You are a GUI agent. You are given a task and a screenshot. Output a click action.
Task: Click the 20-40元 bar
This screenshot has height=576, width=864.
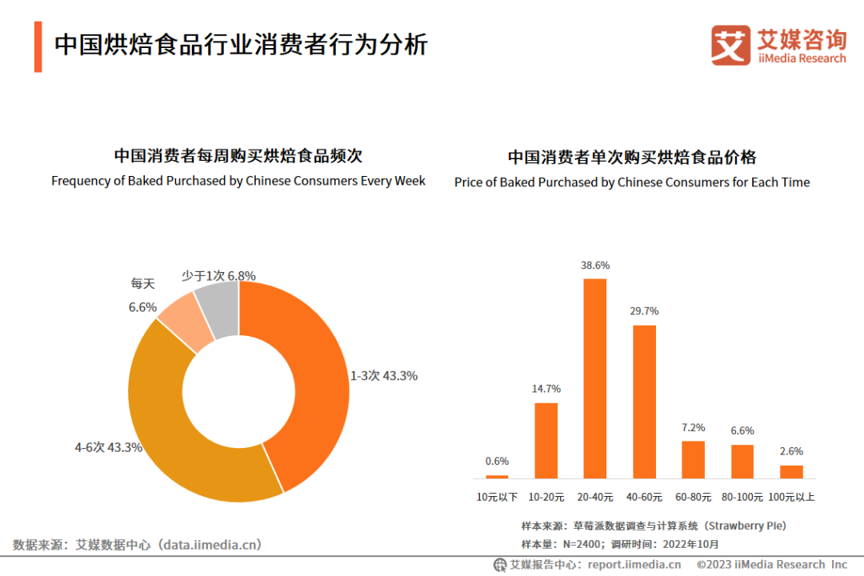pyautogui.click(x=595, y=378)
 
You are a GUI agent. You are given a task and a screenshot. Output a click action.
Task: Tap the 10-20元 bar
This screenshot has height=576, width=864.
pyautogui.click(x=546, y=440)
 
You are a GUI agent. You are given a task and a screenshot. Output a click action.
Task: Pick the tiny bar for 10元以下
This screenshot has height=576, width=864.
pyautogui.click(x=497, y=477)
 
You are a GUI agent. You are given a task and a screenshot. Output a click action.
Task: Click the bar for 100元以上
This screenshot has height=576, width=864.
pyautogui.click(x=791, y=472)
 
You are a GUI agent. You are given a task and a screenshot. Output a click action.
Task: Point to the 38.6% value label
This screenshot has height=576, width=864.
pyautogui.click(x=595, y=265)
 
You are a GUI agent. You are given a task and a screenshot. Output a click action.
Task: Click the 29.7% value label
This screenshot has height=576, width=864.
pyautogui.click(x=644, y=311)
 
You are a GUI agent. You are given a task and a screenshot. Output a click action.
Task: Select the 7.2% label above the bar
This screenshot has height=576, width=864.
pyautogui.click(x=694, y=427)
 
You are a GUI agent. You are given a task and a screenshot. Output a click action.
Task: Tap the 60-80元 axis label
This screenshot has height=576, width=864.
pyautogui.click(x=694, y=497)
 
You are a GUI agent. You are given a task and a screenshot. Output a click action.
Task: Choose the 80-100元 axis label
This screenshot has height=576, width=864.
pyautogui.click(x=742, y=497)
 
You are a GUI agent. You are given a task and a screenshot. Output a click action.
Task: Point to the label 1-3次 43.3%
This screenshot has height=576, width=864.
pyautogui.click(x=384, y=375)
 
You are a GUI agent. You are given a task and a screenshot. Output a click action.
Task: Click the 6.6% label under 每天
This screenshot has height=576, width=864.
pyautogui.click(x=142, y=307)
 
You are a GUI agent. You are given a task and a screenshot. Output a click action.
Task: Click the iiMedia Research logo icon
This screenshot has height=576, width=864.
pyautogui.click(x=730, y=45)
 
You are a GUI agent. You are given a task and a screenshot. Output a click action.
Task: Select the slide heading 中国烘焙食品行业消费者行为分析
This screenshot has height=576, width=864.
pyautogui.click(x=241, y=44)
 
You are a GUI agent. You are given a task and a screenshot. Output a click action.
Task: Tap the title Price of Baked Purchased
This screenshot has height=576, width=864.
pyautogui.click(x=632, y=182)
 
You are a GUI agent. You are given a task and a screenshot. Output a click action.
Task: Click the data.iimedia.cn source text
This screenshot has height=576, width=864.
pyautogui.click(x=211, y=545)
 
